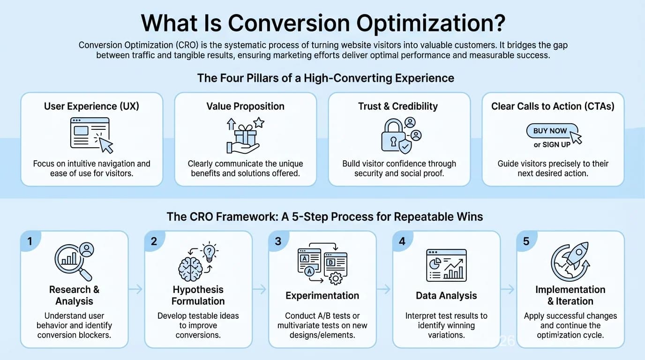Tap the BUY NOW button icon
pyautogui.click(x=550, y=131)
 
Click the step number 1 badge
pyautogui.click(x=30, y=241)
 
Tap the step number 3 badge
pyautogui.click(x=278, y=241)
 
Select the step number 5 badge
pyautogui.click(x=526, y=241)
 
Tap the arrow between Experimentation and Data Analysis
pyautogui.click(x=384, y=290)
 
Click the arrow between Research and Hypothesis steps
pyautogui.click(x=135, y=290)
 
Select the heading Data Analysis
pyautogui.click(x=446, y=296)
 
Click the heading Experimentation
pyautogui.click(x=322, y=296)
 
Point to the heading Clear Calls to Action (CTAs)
pyautogui.click(x=553, y=106)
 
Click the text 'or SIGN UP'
pyautogui.click(x=552, y=145)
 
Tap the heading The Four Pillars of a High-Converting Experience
pyautogui.click(x=325, y=78)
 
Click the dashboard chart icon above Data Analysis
pyautogui.click(x=446, y=265)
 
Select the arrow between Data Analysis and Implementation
pyautogui.click(x=508, y=290)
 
